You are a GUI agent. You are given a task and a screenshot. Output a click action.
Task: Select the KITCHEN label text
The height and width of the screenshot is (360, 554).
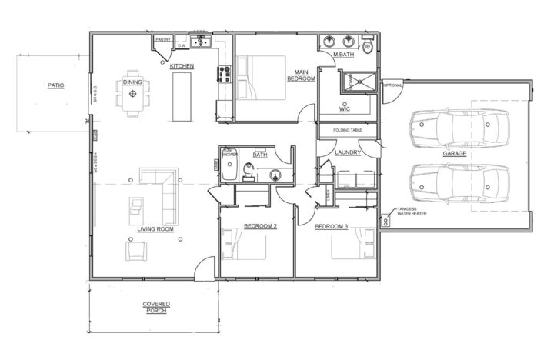point(182,67)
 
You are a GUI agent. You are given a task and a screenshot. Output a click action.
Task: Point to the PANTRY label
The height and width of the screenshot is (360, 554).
point(162,39)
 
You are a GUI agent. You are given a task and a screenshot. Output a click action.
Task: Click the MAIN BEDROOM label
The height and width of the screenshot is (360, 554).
point(299,75)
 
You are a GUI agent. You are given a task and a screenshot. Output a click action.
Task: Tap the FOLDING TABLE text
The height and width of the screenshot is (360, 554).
point(347,130)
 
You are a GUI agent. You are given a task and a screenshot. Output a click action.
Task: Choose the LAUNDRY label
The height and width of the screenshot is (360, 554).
point(348,152)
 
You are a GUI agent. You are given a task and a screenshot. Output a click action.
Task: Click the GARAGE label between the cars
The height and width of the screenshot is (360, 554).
point(454,153)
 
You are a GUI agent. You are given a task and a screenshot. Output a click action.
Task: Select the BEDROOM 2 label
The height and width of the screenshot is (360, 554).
point(260,226)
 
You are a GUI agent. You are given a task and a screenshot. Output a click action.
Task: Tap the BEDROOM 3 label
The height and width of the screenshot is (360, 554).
point(331,226)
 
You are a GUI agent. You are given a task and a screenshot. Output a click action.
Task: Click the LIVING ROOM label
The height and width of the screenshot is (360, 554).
point(155,229)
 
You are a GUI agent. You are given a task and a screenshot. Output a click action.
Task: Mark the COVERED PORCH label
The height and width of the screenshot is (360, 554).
point(156,307)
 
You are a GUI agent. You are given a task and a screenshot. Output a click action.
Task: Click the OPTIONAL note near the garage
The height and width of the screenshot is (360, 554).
point(392,85)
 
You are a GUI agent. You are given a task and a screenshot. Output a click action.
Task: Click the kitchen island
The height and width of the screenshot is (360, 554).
point(182,96)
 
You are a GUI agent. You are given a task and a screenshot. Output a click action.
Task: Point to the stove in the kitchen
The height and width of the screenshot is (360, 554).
point(225,74)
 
